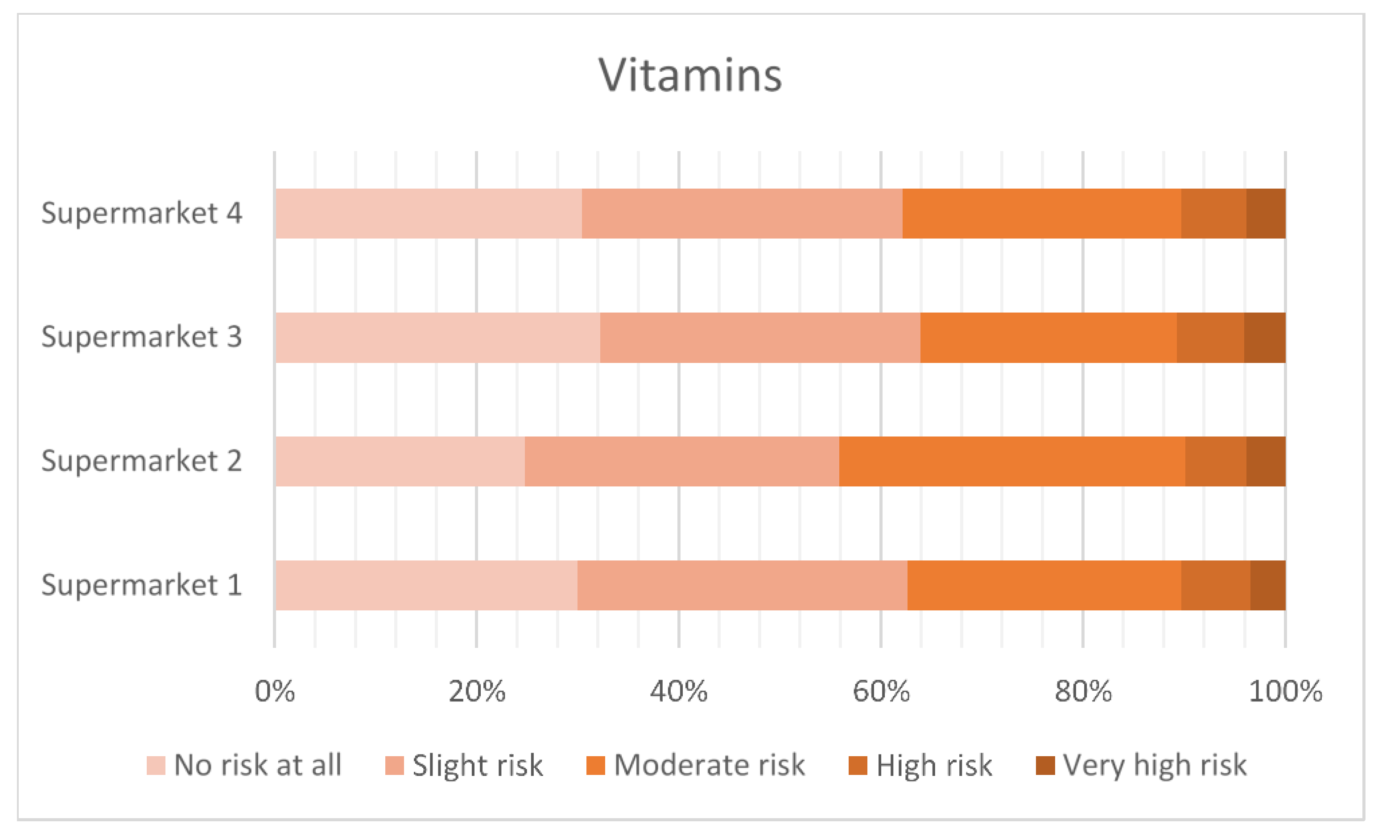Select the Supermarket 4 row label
pos(141,213)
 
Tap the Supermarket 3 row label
pos(141,337)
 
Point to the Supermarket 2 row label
pos(141,461)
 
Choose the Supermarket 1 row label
pos(141,585)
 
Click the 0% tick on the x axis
pos(275,692)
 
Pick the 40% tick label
pos(678,692)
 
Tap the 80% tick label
pos(1083,692)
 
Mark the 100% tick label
pos(1285,692)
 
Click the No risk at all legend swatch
pos(156,766)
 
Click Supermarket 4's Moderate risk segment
pos(1041,214)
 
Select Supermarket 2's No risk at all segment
pos(400,461)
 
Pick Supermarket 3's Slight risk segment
pos(760,338)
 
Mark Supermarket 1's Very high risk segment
pos(1267,585)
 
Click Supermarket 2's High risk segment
pos(1215,461)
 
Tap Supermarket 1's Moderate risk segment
pos(1044,585)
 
